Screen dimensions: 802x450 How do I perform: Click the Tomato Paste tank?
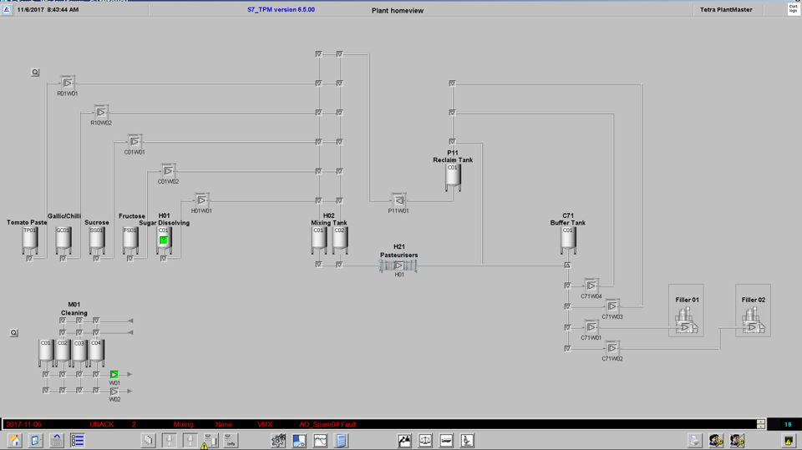(x=29, y=240)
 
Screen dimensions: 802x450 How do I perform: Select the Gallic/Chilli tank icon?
(x=63, y=240)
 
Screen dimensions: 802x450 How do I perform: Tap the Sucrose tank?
(x=97, y=240)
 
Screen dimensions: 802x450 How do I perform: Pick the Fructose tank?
(x=130, y=240)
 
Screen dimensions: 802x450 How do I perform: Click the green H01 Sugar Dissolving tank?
(x=164, y=240)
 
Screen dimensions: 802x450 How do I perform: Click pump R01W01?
(x=68, y=83)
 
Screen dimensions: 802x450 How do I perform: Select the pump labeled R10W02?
(x=101, y=112)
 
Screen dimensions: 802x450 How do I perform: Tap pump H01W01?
(x=201, y=200)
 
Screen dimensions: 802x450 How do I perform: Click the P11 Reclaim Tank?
(x=452, y=176)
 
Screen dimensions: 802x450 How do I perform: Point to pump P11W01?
(x=398, y=200)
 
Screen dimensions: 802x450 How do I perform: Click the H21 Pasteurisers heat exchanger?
(x=398, y=265)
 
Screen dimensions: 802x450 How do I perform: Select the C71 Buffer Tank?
(x=568, y=239)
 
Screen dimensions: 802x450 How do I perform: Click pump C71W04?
(x=591, y=286)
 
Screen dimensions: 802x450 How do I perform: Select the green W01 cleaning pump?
(x=114, y=375)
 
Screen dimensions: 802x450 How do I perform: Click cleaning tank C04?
(x=96, y=351)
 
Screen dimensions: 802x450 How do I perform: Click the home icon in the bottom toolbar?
(x=14, y=441)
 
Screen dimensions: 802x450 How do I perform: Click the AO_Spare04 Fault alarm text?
(x=327, y=425)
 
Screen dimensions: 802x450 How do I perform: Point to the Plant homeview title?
(x=398, y=11)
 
